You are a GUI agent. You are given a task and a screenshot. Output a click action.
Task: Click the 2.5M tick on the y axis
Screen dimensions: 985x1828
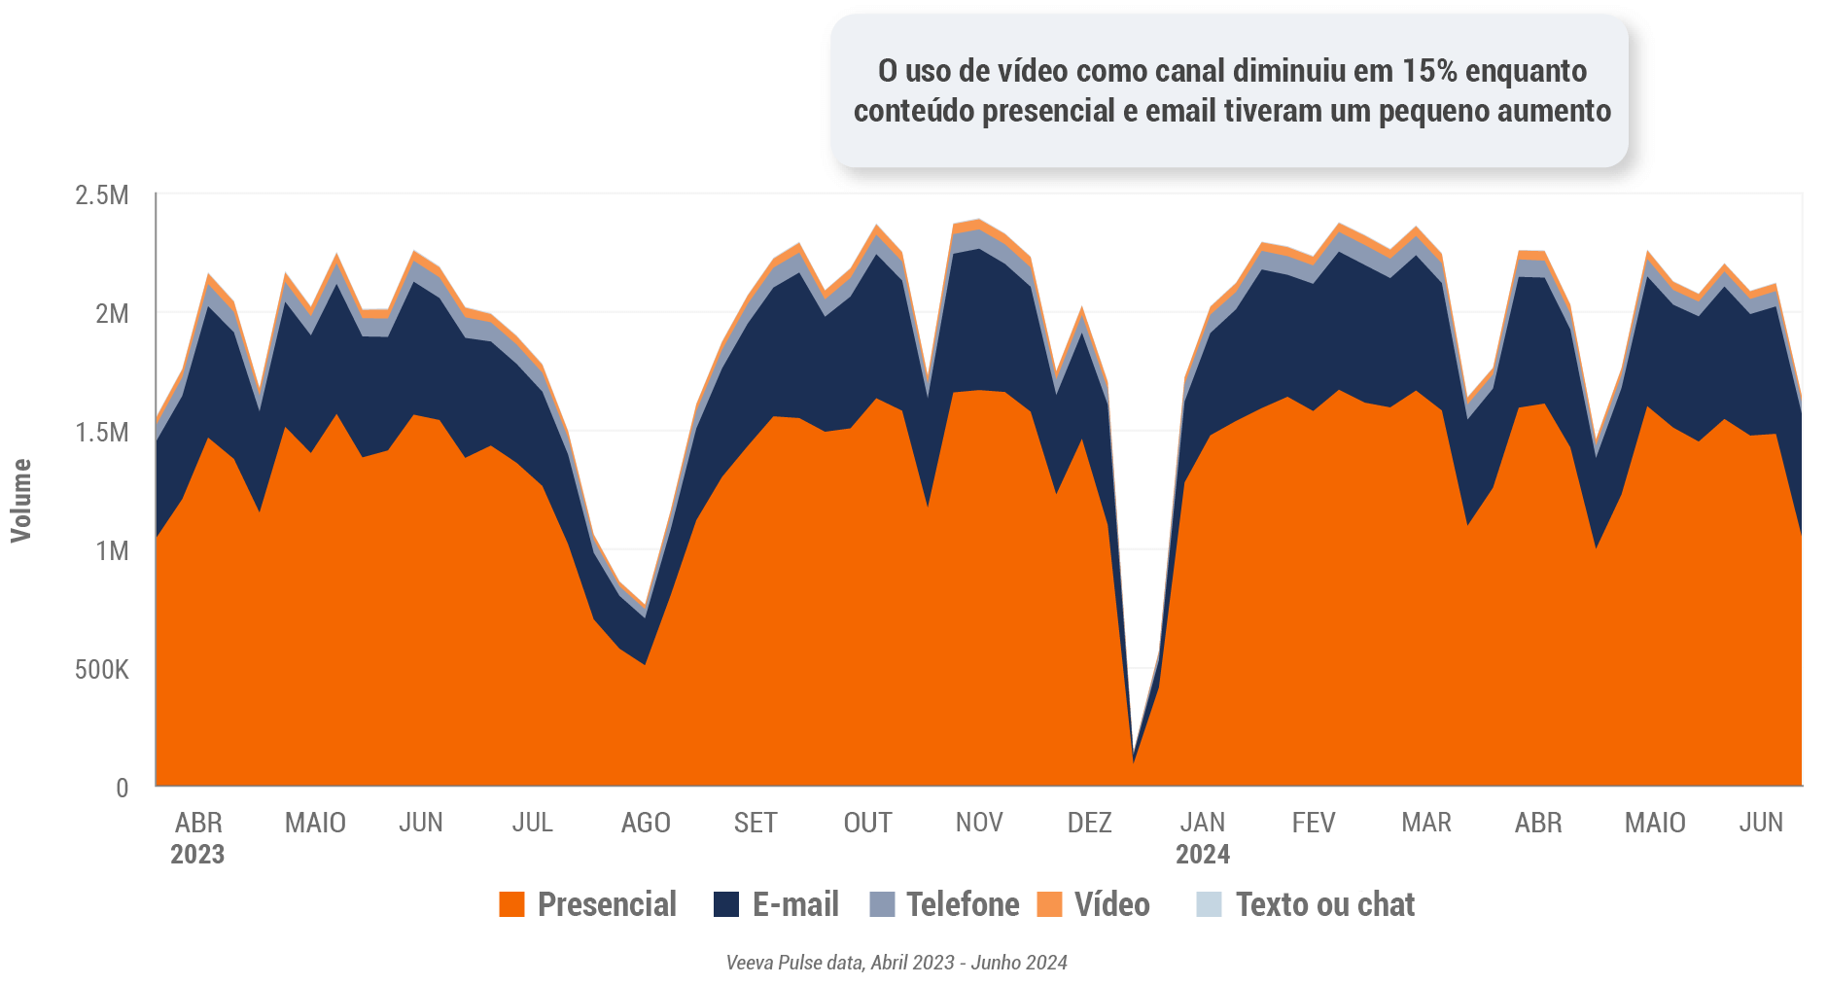click(102, 195)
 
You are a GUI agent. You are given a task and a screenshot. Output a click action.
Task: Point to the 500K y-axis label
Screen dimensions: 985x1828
click(102, 670)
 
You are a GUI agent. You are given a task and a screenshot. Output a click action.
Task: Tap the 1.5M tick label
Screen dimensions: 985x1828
click(102, 433)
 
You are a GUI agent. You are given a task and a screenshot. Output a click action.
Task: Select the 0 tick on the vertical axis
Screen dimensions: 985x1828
click(123, 788)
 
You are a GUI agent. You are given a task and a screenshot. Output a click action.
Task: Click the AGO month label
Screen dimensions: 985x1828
click(646, 823)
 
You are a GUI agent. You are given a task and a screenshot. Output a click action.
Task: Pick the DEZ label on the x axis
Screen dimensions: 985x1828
click(1089, 823)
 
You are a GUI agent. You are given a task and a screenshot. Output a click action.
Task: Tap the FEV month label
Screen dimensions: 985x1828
click(1314, 823)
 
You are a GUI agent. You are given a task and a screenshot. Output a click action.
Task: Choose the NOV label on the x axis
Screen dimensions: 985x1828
click(979, 823)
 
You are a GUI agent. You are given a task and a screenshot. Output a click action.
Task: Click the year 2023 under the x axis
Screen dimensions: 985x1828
click(197, 855)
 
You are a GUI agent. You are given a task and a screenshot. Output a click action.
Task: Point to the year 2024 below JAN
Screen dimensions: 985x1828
click(1203, 855)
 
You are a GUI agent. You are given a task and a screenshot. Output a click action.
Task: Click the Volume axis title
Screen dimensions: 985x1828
click(21, 501)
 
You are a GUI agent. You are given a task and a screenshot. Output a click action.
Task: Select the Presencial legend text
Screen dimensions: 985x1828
click(607, 904)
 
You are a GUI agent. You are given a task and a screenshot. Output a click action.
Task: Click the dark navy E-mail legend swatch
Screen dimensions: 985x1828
click(726, 904)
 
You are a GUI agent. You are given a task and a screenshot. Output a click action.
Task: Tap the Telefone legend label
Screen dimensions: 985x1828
click(963, 904)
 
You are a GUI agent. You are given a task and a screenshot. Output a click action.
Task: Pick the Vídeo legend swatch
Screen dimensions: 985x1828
click(1050, 904)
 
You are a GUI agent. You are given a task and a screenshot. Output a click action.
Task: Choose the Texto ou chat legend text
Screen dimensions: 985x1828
click(1325, 904)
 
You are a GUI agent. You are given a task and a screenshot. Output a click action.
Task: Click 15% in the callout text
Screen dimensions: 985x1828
click(1429, 71)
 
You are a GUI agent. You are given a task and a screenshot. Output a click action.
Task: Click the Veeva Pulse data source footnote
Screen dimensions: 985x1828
click(896, 963)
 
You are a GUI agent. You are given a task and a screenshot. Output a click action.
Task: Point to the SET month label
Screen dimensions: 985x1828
click(756, 823)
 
